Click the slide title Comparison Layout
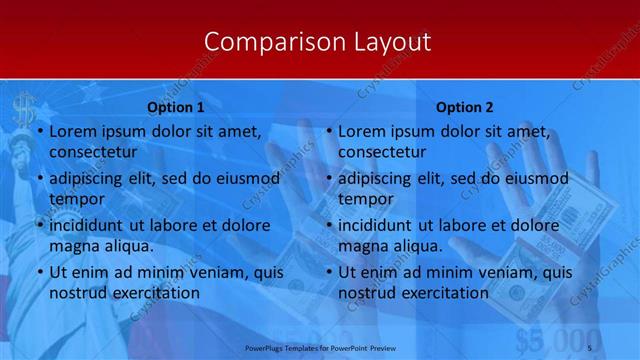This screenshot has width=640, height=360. [317, 42]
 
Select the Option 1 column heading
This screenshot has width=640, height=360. [176, 108]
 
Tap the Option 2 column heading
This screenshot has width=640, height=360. [465, 108]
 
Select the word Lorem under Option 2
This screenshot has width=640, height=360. [360, 131]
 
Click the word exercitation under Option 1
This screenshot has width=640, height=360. [144, 293]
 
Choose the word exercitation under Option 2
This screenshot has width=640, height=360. [434, 293]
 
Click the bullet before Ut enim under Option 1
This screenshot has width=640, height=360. [39, 272]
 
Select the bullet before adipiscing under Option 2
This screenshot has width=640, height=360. [329, 179]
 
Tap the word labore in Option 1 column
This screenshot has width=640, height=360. [177, 225]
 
